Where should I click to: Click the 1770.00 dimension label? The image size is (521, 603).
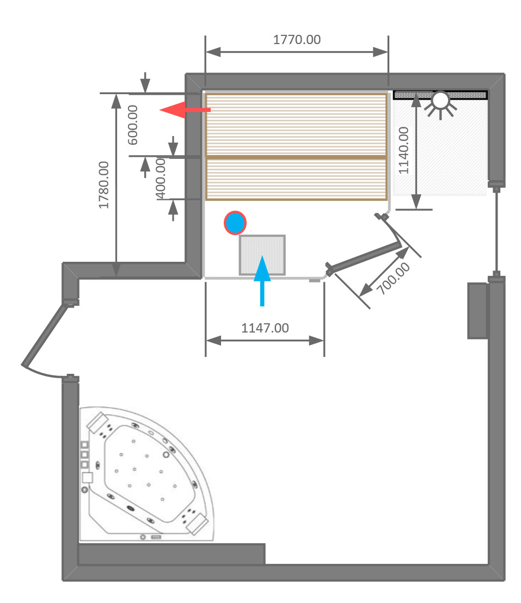point(297,40)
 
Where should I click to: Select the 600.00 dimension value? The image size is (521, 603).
point(133,125)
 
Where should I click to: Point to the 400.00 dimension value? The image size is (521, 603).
point(161,178)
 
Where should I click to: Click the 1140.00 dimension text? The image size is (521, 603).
point(403,150)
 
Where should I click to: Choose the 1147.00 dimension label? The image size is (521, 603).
point(265,328)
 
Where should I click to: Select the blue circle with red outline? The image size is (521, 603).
point(235,223)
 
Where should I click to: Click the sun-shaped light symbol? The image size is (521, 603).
point(440,102)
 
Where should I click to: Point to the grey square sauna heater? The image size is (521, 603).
point(262,255)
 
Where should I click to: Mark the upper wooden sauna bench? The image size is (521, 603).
point(296,125)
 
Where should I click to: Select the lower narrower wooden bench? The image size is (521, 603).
point(296,179)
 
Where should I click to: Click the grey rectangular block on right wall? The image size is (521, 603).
point(477,310)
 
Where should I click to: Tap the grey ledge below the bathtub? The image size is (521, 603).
point(171,554)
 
